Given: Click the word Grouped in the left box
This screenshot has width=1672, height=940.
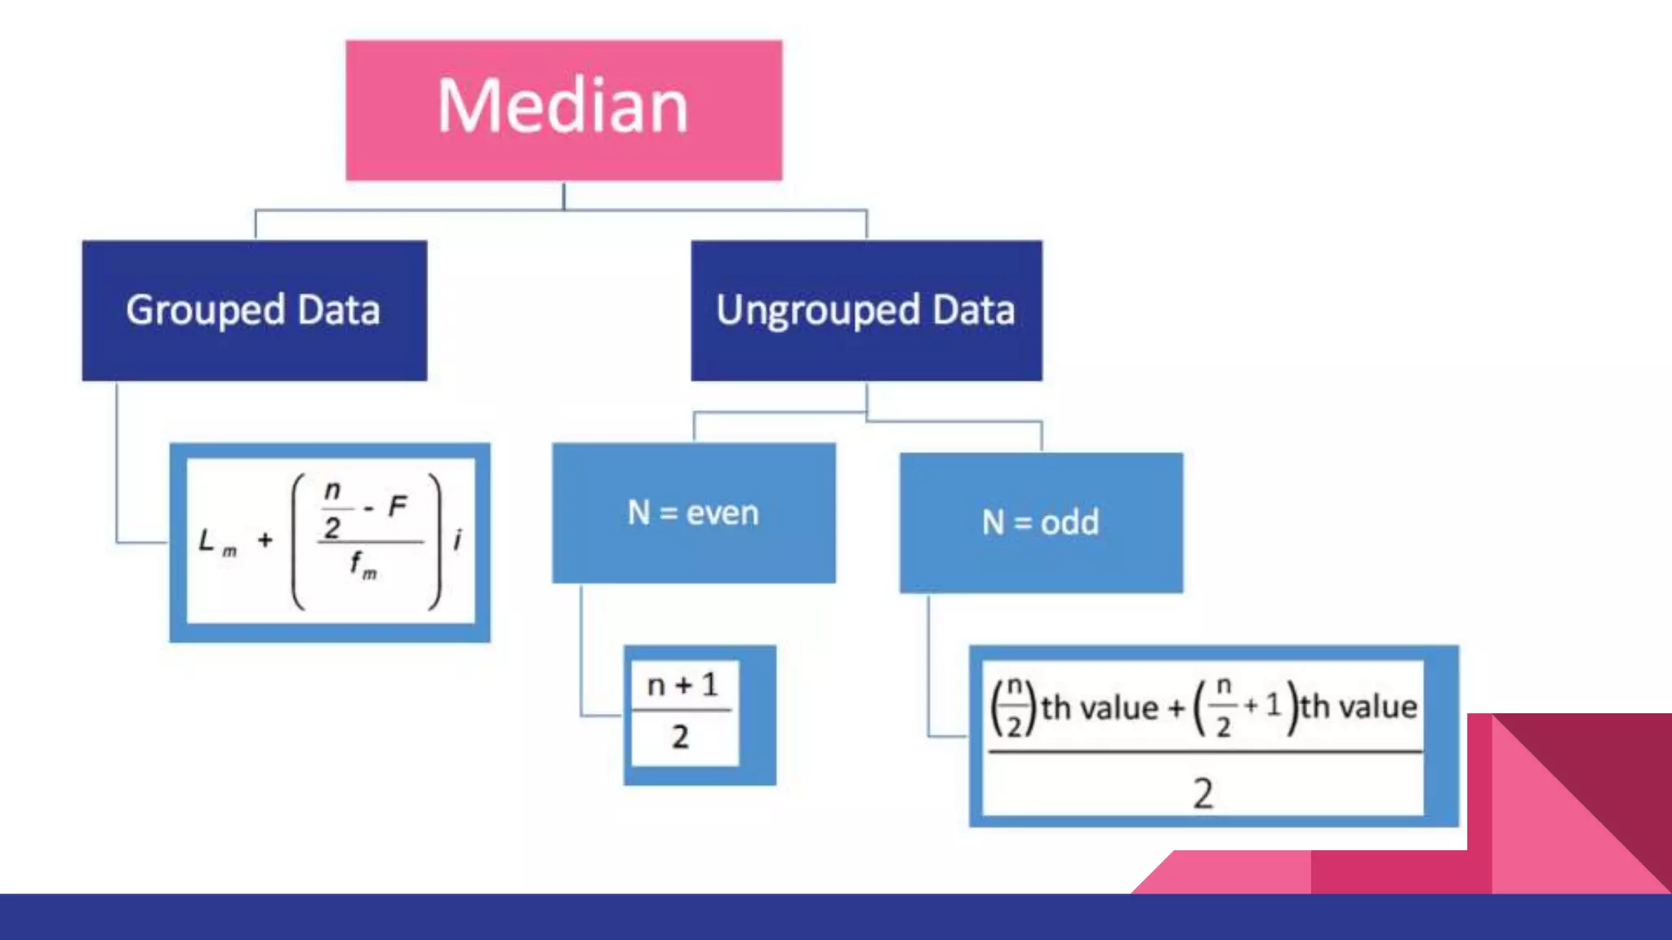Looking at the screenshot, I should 206,311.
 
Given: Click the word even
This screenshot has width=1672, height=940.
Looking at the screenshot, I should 723,513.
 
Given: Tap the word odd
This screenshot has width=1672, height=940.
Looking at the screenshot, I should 1069,522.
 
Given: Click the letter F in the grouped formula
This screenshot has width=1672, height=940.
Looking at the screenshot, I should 398,507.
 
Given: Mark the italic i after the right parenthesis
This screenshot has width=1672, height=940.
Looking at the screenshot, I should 457,539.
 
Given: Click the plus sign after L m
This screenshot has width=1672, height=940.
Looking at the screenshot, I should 265,539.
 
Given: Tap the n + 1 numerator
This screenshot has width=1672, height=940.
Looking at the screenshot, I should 683,685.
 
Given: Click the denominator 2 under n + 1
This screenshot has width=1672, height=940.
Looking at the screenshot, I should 681,738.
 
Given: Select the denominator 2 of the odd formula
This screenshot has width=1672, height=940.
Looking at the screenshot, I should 1203,793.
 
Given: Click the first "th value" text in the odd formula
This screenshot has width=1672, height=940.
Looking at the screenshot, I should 1099,707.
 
